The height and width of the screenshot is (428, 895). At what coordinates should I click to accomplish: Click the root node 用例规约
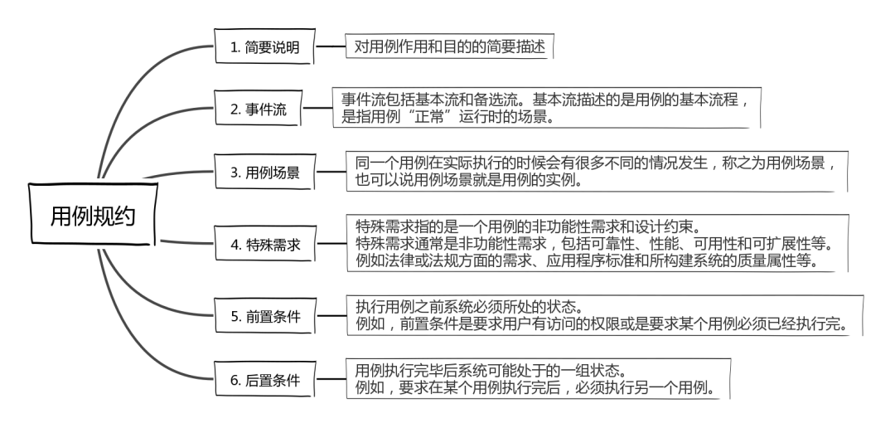pos(92,215)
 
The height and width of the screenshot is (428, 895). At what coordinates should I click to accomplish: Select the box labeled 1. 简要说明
pos(264,49)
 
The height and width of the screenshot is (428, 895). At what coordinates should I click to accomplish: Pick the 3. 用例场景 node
pos(266,173)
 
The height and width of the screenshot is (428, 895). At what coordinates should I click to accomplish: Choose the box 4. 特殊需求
pos(266,244)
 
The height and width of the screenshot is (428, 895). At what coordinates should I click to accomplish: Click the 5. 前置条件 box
pos(266,316)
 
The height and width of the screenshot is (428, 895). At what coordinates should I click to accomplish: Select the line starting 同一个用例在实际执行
pos(589,163)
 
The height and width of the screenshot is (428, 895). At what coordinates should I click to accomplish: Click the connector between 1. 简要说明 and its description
pos(330,47)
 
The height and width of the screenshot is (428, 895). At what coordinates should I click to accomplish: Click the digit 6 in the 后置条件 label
pos(235,382)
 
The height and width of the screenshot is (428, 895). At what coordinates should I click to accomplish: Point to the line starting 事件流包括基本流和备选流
pos(547,100)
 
